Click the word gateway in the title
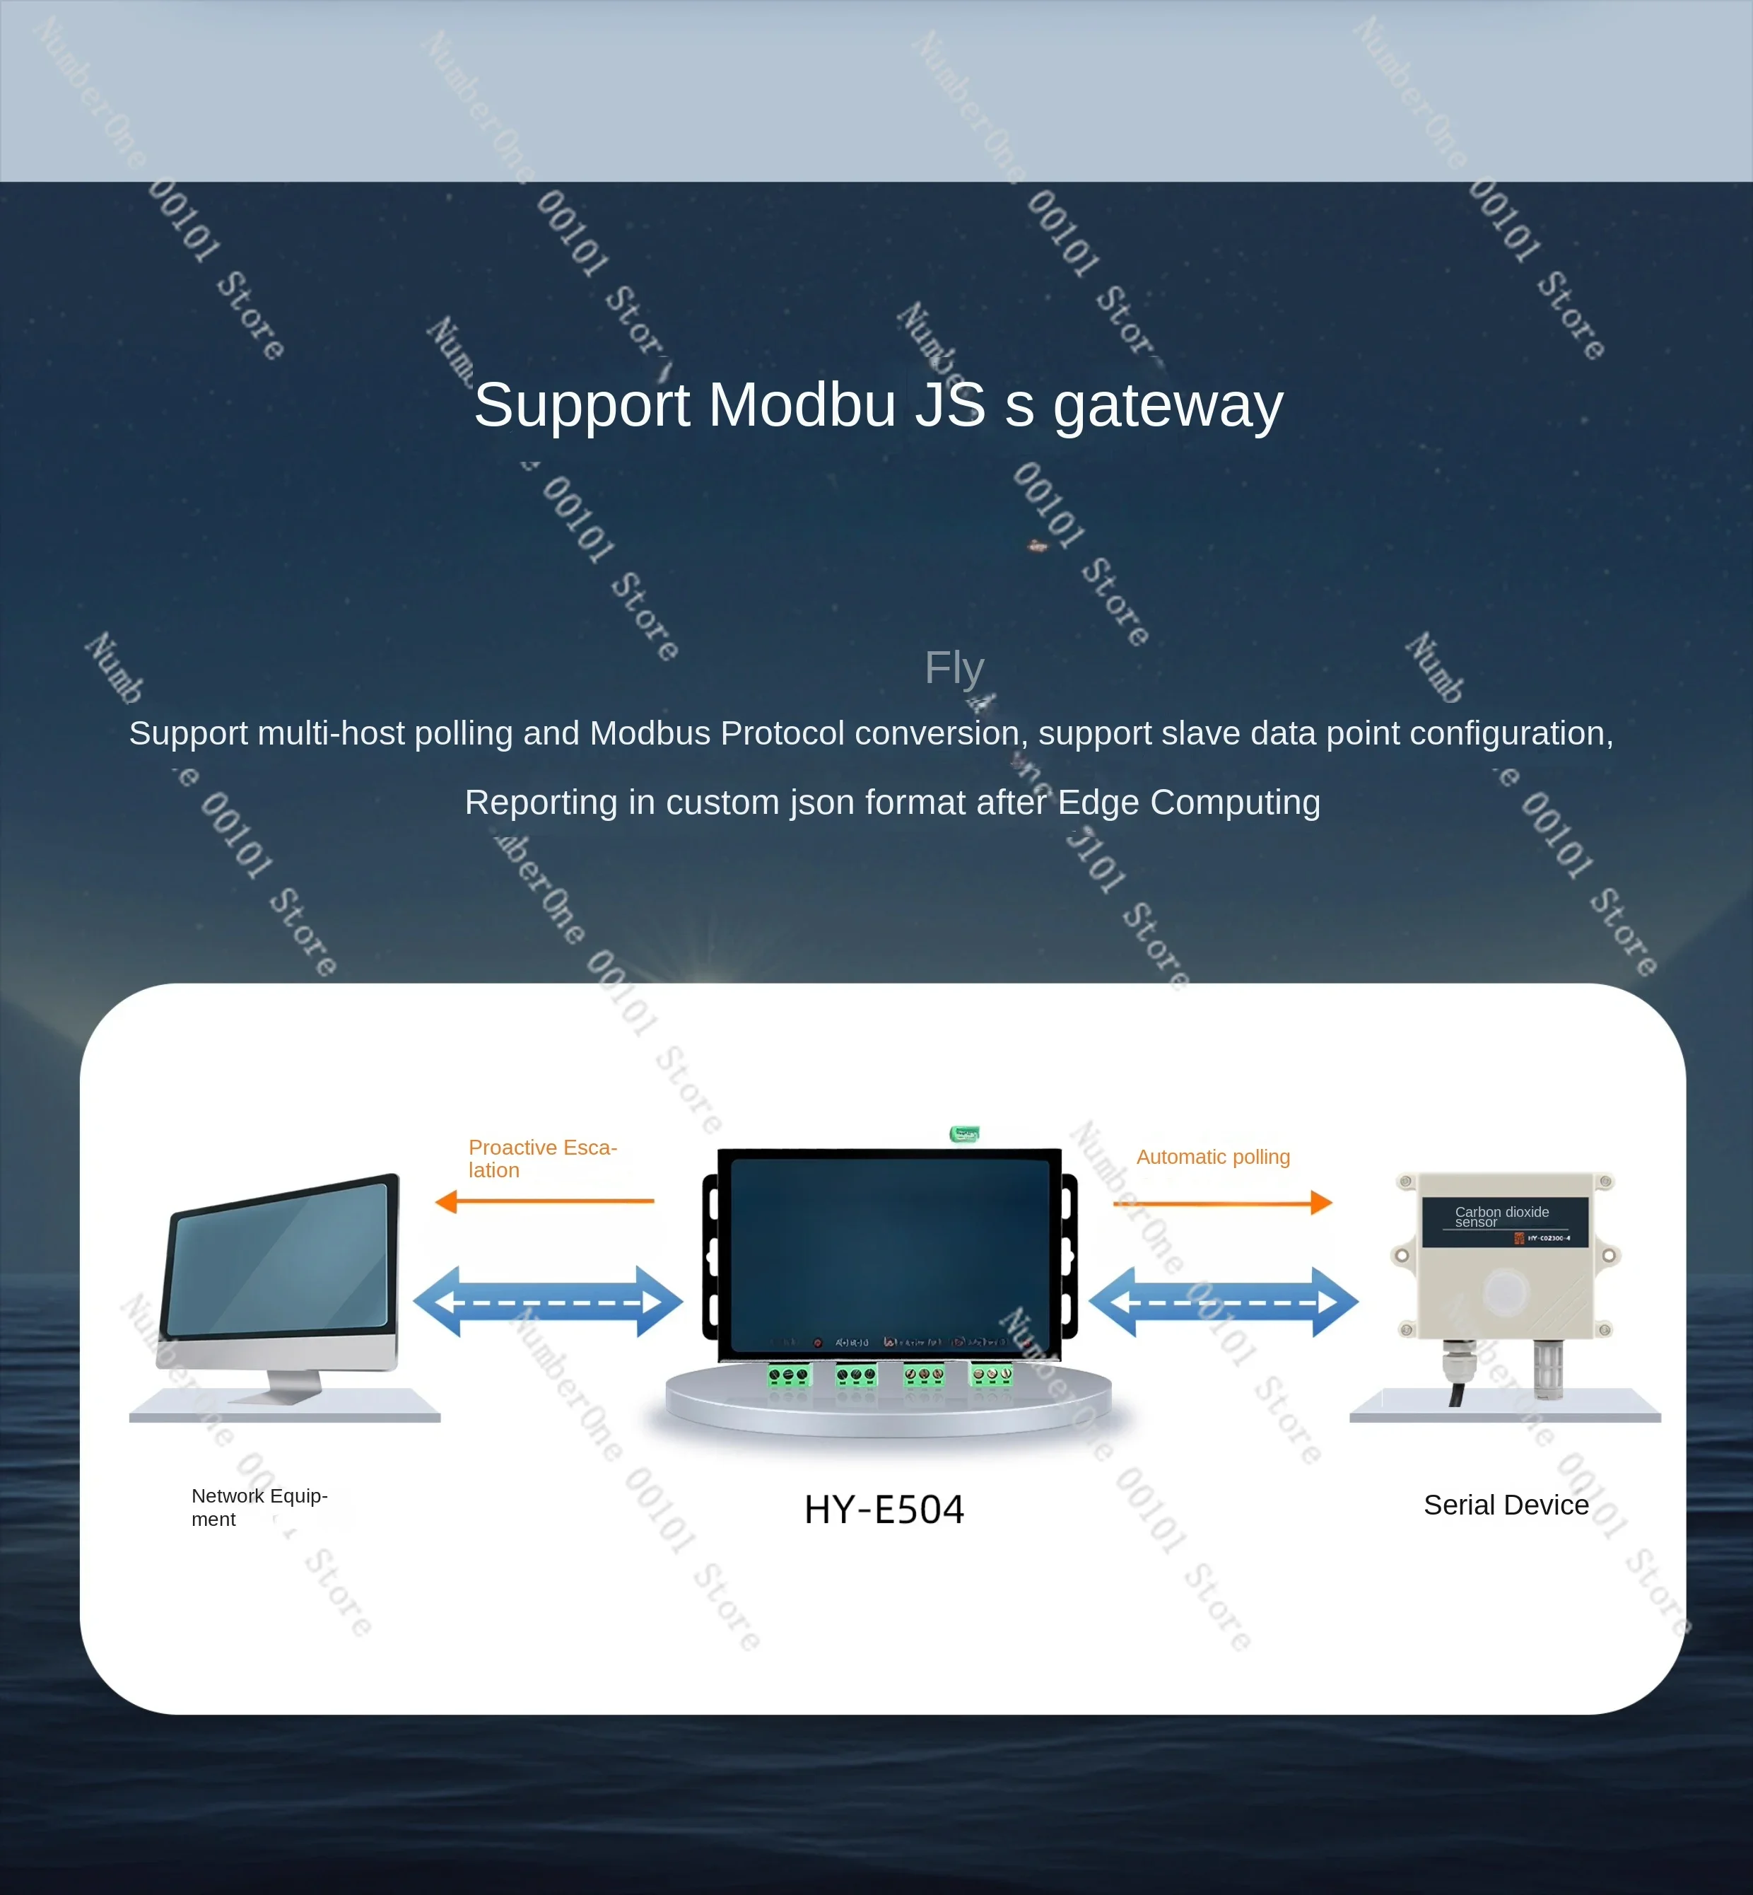pyautogui.click(x=1168, y=406)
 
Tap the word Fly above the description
pyautogui.click(x=954, y=668)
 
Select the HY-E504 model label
pyautogui.click(x=884, y=1509)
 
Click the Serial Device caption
pyautogui.click(x=1506, y=1505)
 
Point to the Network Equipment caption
pyautogui.click(x=259, y=1507)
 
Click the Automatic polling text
pyautogui.click(x=1213, y=1157)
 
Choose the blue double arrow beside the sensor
pyautogui.click(x=1224, y=1302)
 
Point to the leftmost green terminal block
pyautogui.click(x=790, y=1375)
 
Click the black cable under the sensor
pyautogui.click(x=1456, y=1393)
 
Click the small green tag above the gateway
pyautogui.click(x=965, y=1134)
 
